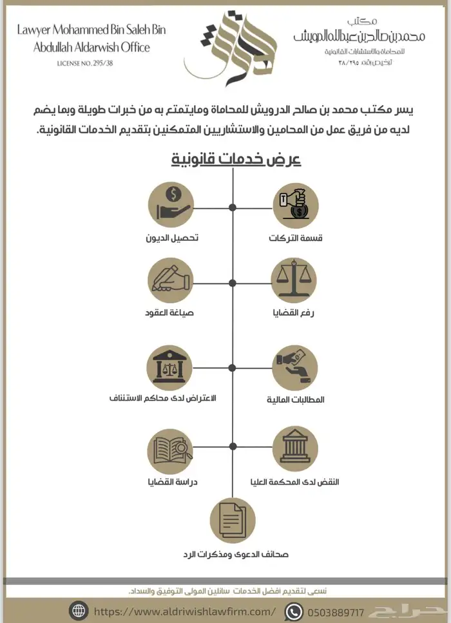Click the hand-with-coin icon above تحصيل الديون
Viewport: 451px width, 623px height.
coord(171,206)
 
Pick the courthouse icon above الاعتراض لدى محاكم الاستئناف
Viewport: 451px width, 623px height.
coord(171,367)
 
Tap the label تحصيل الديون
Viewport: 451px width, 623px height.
coord(171,238)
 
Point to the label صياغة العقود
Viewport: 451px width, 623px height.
coord(170,313)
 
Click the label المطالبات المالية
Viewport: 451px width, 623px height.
coord(296,400)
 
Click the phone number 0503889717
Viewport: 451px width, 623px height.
coord(337,610)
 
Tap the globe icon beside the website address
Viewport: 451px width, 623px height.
coord(80,610)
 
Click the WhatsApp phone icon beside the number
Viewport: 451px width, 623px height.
coord(294,610)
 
